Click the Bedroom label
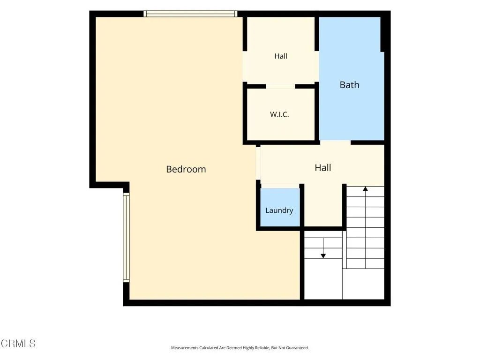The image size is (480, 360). [186, 169]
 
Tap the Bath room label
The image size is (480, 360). [349, 85]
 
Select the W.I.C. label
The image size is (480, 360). [279, 114]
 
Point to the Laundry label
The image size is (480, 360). [279, 210]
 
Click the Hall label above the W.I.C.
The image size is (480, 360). [281, 56]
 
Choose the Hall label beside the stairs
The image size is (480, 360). [322, 168]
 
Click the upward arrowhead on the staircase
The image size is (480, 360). [365, 188]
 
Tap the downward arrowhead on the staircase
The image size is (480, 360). [323, 256]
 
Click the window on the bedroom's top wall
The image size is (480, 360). [190, 14]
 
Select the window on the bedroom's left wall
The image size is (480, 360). [126, 237]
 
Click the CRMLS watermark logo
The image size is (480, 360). [18, 343]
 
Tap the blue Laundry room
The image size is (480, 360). [280, 207]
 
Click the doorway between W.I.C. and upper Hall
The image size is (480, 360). [280, 86]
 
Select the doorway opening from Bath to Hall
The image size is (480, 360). [335, 142]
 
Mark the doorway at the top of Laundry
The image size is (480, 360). [280, 186]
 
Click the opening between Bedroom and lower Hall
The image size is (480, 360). [258, 163]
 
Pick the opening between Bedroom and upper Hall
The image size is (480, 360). [245, 67]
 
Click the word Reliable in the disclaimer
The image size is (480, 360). [262, 348]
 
